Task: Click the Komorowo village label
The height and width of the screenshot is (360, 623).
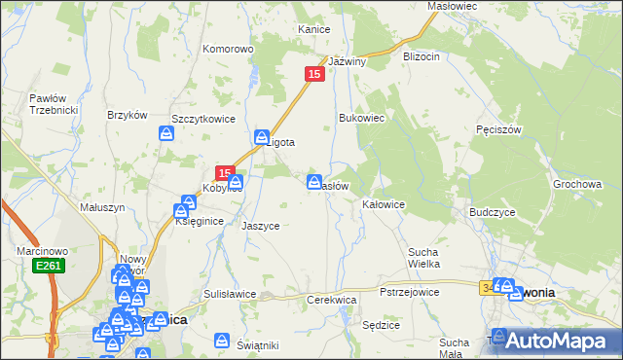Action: (x=227, y=48)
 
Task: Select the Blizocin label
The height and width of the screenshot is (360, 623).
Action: (x=421, y=56)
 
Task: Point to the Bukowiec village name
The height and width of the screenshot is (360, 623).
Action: (x=362, y=118)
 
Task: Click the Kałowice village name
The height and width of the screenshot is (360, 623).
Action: (x=383, y=205)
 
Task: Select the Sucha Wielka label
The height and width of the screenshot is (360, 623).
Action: (x=424, y=257)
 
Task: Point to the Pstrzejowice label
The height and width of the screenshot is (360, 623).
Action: (x=409, y=292)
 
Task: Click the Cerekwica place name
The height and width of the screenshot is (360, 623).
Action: (x=332, y=300)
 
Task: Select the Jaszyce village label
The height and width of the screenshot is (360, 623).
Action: (x=260, y=226)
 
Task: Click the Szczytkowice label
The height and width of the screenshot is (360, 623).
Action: (x=203, y=118)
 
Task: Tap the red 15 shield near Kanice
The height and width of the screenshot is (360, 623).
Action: (x=314, y=74)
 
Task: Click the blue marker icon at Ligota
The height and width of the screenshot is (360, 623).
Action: (x=262, y=138)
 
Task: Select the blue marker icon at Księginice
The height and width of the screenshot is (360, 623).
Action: (x=182, y=209)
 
